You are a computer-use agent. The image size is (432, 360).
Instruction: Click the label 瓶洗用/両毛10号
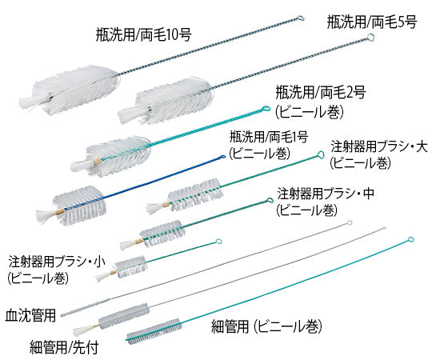143,35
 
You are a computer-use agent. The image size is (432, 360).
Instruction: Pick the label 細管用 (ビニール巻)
267,326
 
